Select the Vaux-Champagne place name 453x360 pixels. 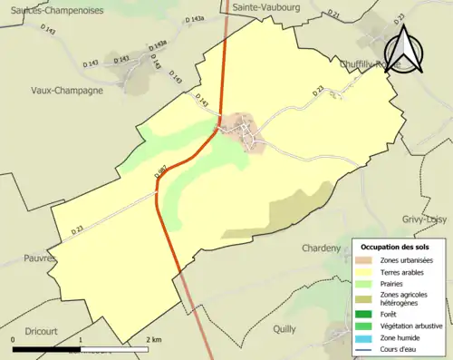tap(67, 91)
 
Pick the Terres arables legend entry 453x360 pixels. tap(403, 272)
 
